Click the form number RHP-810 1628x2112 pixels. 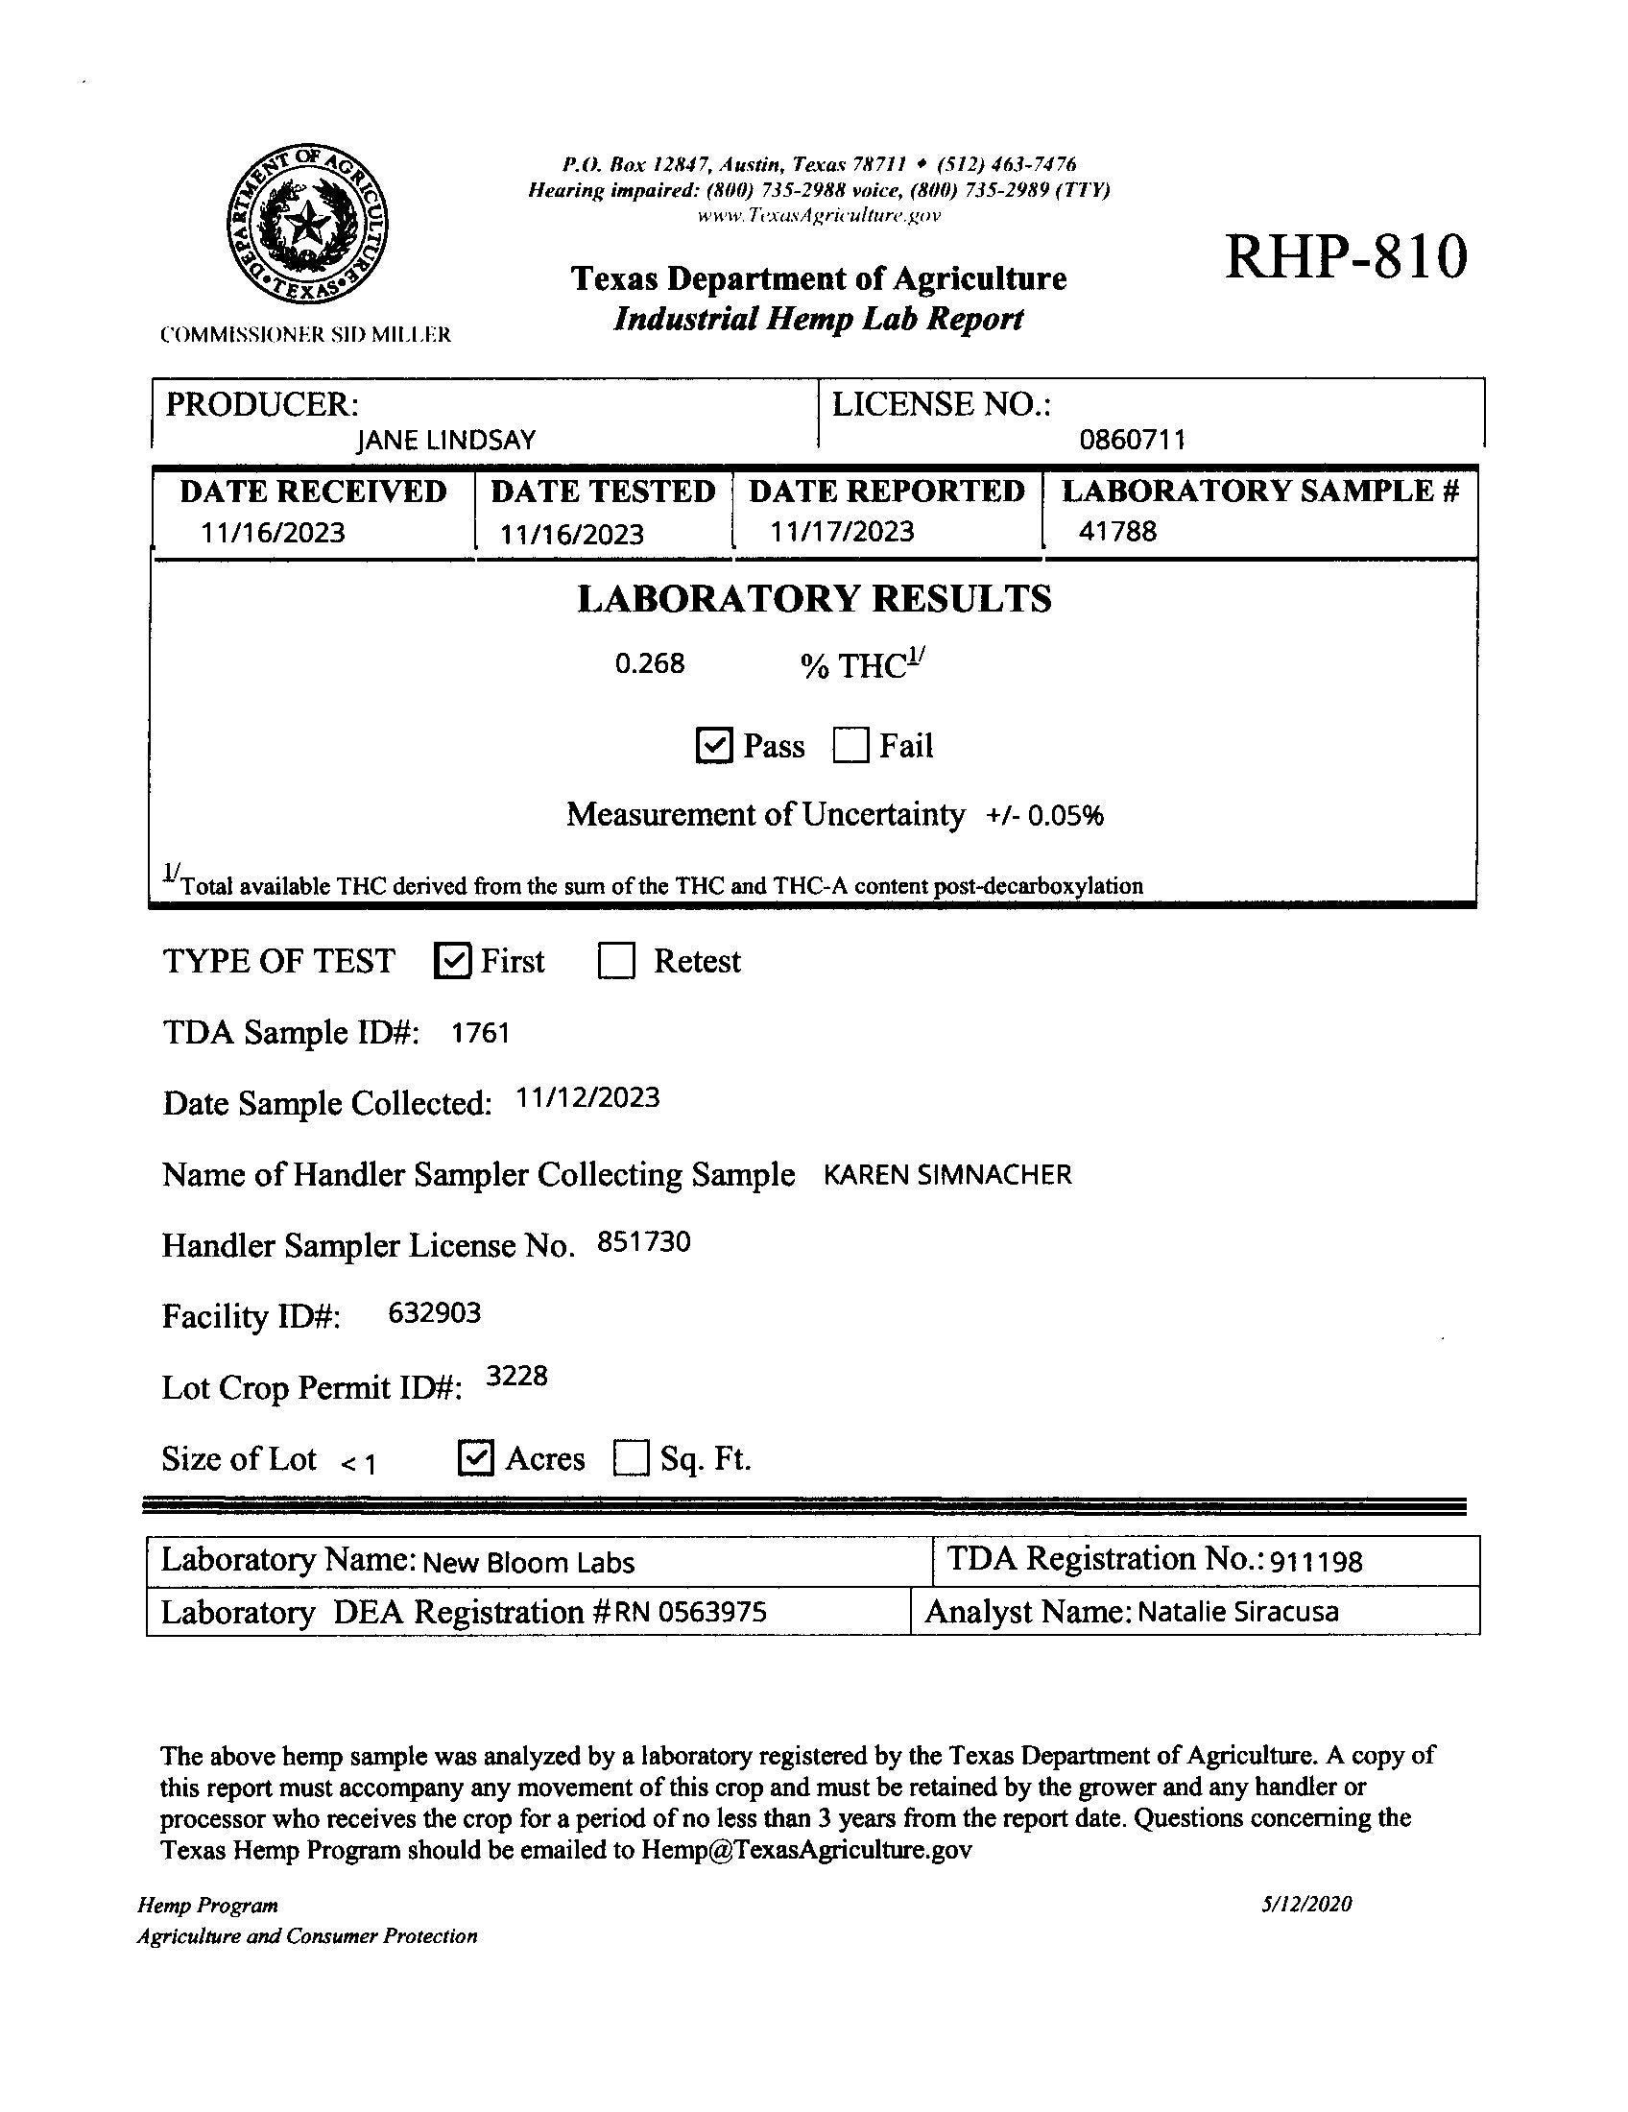[x=1346, y=257]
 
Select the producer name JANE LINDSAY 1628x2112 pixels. [x=445, y=441]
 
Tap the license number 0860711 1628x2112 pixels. [x=1132, y=440]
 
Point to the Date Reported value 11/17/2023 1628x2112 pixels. [x=841, y=531]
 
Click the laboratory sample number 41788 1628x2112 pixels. [x=1117, y=531]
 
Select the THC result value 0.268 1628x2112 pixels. [x=650, y=663]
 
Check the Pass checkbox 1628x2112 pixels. [x=713, y=746]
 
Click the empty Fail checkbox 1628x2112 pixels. [x=850, y=746]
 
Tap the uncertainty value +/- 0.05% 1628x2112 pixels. [x=1045, y=816]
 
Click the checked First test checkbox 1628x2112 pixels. [x=452, y=961]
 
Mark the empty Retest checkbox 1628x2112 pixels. [x=616, y=961]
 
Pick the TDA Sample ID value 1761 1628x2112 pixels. [x=481, y=1033]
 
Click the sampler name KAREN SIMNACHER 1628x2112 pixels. [x=947, y=1175]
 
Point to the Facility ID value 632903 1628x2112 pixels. [x=434, y=1313]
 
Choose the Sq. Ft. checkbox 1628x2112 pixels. [x=631, y=1458]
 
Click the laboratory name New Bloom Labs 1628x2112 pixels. [x=529, y=1563]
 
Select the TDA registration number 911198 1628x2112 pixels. [x=1316, y=1562]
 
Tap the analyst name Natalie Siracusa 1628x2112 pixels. [x=1237, y=1612]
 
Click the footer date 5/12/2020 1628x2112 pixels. [x=1306, y=1904]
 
